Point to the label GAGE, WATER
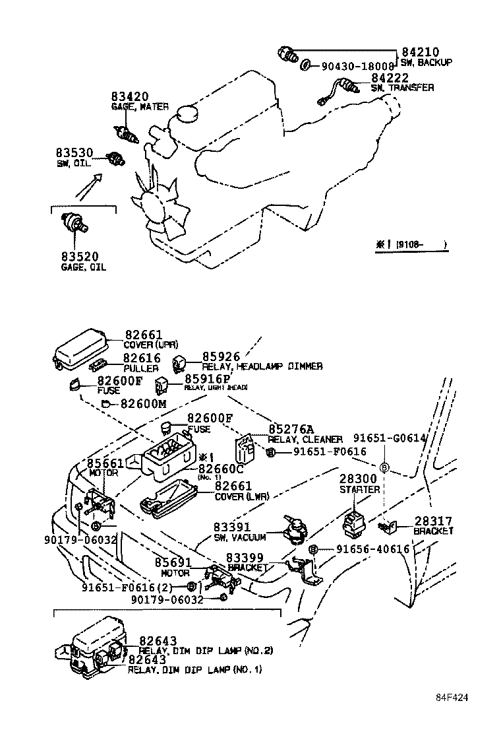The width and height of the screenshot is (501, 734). pos(139,106)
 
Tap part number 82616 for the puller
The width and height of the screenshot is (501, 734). pos(142,358)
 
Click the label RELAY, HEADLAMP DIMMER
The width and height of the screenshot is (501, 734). pos(262,366)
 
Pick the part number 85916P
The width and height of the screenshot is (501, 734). pos(208,379)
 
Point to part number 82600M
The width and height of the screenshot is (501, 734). pos(143,404)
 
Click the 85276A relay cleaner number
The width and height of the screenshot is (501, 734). pos(290,429)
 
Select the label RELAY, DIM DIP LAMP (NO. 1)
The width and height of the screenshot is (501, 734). pos(194,669)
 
